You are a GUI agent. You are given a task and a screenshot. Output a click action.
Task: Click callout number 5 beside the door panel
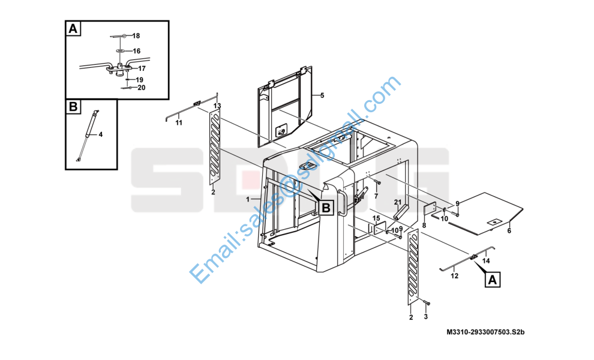(322, 95)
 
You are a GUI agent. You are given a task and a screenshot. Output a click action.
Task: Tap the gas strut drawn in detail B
(88, 136)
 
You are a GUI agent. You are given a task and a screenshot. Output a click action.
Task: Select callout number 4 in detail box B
(100, 134)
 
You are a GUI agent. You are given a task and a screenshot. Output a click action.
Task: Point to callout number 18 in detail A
(136, 36)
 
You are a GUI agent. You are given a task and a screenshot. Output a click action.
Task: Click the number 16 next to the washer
(136, 51)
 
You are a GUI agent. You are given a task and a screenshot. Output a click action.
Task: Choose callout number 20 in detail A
(142, 88)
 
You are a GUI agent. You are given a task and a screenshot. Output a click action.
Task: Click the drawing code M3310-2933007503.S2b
(485, 332)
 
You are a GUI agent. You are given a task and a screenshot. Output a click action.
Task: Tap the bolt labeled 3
(426, 302)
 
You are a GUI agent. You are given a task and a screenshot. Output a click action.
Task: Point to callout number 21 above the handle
(397, 202)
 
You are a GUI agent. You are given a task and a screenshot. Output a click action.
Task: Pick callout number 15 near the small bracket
(376, 218)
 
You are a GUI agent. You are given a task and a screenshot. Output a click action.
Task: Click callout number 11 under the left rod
(178, 123)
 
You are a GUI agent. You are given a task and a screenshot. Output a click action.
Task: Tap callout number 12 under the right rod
(454, 276)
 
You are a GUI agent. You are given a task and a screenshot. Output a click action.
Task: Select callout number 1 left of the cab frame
(248, 199)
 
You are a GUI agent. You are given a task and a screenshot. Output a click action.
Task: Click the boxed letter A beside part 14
(493, 280)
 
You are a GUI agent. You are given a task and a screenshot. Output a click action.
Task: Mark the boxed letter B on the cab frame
(326, 208)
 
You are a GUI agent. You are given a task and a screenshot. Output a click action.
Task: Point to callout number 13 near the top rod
(217, 106)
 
